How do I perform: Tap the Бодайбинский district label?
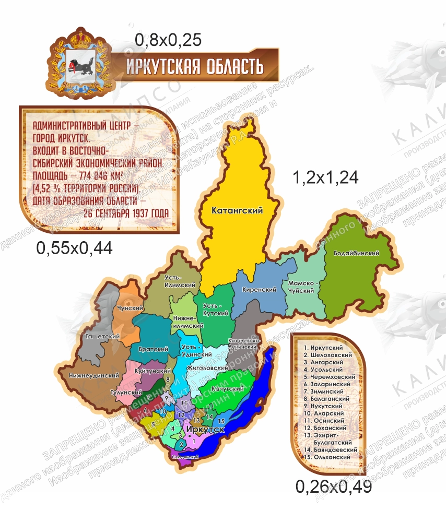tap(359, 253)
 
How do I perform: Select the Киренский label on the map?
tap(260, 290)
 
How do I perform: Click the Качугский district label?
tap(228, 389)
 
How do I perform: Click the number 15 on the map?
tap(221, 421)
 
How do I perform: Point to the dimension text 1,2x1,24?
tap(325, 177)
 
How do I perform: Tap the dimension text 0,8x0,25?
tap(168, 40)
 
